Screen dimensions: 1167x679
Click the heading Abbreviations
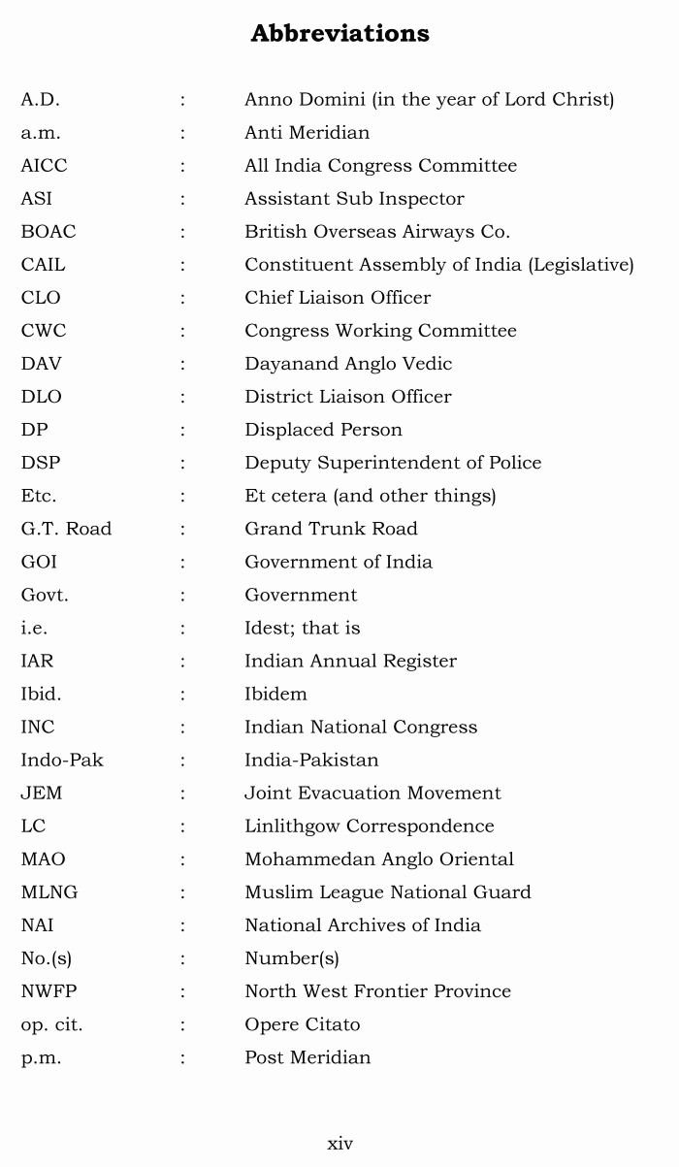point(339,34)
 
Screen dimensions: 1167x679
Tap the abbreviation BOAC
point(48,232)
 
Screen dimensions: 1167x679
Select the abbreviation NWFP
point(49,991)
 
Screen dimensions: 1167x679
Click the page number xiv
point(339,1144)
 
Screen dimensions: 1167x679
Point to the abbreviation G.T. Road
point(66,529)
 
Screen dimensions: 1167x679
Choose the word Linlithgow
point(292,827)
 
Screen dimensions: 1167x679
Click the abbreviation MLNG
point(49,892)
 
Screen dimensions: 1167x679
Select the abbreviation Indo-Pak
point(62,761)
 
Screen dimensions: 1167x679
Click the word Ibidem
point(275,695)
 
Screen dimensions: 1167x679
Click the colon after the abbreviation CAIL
point(182,265)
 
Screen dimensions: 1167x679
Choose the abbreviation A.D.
point(40,100)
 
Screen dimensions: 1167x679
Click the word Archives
point(374,925)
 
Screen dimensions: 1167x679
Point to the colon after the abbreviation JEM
point(182,794)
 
